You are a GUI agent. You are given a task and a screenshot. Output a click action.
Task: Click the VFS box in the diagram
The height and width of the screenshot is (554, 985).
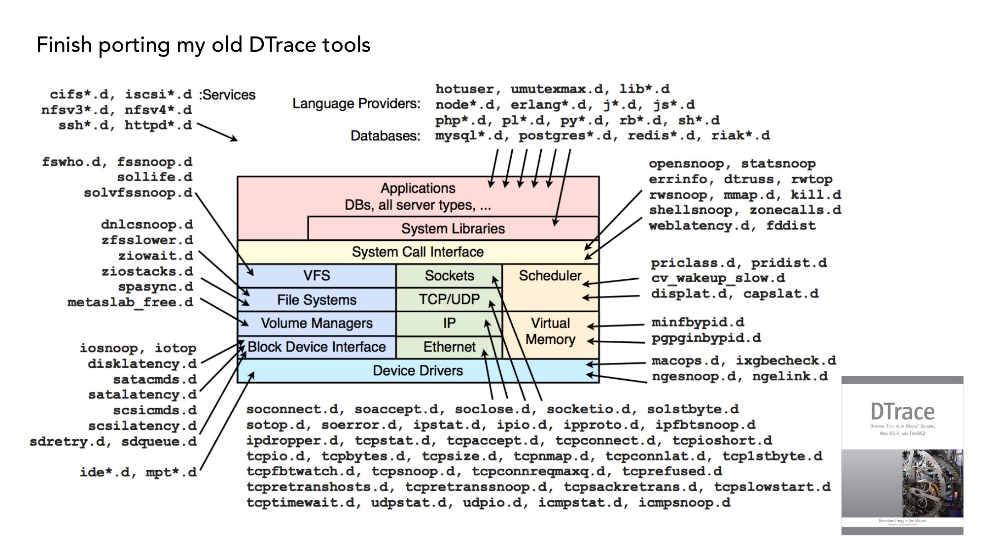317,276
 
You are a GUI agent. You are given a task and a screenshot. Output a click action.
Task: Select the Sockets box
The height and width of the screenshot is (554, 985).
449,276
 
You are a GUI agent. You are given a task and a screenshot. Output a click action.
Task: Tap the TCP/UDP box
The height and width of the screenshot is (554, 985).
449,299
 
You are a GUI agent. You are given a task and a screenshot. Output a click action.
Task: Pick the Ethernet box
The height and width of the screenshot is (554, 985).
449,347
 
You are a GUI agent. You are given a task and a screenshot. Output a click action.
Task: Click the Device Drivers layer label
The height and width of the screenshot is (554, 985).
418,370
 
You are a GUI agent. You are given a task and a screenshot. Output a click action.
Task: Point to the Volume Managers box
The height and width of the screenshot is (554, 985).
317,323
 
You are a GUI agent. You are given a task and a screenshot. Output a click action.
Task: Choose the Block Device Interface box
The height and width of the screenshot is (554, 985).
317,347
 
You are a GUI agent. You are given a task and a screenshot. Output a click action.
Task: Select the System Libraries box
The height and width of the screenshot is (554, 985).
453,228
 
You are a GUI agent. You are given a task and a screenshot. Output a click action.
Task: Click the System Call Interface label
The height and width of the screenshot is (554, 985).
418,252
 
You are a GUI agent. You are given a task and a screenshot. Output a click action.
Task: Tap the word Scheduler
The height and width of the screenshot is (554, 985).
550,276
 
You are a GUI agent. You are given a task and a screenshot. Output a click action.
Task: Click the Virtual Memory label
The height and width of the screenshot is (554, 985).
550,331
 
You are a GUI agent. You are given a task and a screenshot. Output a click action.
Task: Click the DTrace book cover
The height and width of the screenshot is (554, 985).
902,456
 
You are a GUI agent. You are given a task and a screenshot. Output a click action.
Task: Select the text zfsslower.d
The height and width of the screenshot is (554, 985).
147,240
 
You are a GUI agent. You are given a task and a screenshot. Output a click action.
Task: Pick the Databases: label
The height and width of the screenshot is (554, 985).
386,136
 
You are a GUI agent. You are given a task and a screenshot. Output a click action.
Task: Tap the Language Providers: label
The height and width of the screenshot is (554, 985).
356,104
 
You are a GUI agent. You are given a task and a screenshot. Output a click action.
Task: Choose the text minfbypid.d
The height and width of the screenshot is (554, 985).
698,323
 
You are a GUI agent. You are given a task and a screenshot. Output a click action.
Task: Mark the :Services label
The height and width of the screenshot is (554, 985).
227,95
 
